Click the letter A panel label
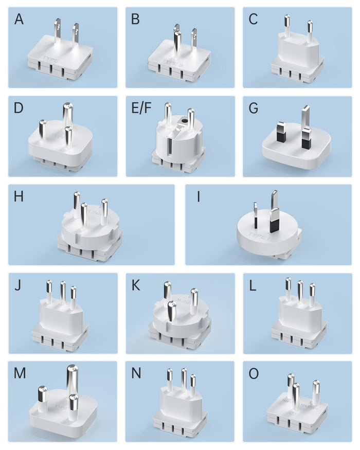pos(19,20)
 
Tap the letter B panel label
pos(136,20)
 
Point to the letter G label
pos(254,109)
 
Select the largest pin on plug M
pos(70,382)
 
